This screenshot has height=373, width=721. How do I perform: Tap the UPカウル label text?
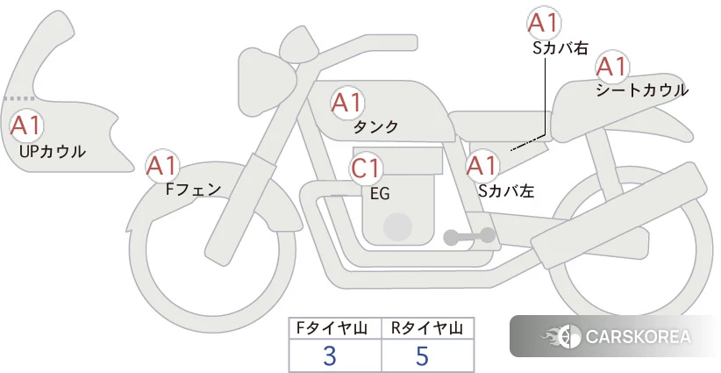coord(53,151)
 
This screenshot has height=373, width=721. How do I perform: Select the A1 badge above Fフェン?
coord(162,166)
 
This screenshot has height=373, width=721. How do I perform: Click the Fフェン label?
coord(193,189)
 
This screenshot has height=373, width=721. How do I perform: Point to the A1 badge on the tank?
coord(347,103)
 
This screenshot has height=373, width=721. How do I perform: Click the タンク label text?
coord(375,126)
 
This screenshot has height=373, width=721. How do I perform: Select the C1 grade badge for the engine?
coord(366,169)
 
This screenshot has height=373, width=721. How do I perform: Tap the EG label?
coord(380,194)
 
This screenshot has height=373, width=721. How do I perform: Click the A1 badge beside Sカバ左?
coord(482,166)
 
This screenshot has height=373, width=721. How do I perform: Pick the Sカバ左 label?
coord(506,190)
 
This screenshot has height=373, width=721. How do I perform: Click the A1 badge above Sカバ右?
coord(544,23)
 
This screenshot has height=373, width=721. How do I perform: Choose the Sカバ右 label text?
coord(560,48)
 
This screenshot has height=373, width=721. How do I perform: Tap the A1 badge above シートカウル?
coord(612,67)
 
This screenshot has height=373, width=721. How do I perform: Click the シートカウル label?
coord(642,90)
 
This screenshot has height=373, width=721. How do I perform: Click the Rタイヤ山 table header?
coord(427,328)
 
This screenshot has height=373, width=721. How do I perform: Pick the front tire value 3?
coord(330,355)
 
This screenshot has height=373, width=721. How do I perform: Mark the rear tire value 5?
coord(422,355)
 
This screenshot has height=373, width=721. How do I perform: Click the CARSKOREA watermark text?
coord(638,337)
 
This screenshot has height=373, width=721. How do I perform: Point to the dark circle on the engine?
coord(397,226)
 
